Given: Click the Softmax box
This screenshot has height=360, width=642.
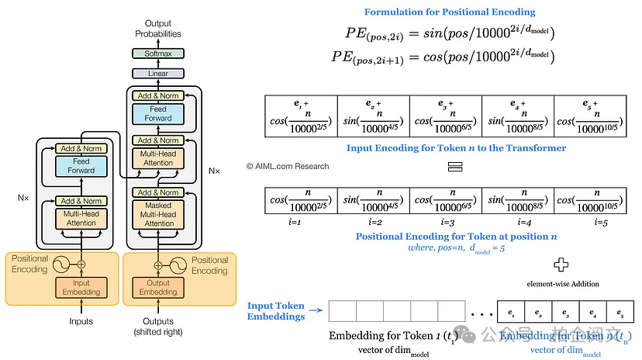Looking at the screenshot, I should [157, 54].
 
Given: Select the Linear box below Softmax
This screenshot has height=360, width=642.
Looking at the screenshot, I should [157, 74].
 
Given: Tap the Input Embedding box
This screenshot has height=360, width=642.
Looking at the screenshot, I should [81, 287].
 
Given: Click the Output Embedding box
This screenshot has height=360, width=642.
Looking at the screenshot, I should [157, 287].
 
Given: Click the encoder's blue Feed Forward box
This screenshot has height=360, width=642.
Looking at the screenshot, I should [81, 166].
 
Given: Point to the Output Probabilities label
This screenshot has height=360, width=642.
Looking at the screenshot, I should [158, 29].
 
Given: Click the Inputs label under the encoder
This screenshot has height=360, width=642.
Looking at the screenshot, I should [81, 321].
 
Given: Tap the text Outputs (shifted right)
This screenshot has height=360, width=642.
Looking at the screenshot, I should [158, 327].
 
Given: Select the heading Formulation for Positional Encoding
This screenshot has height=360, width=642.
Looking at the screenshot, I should [450, 12].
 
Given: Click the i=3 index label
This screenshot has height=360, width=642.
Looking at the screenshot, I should [446, 222].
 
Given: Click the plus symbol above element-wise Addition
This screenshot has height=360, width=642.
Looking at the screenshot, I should [562, 264].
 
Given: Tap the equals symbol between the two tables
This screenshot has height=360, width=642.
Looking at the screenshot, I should [454, 167].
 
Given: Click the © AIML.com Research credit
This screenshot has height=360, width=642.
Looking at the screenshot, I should [288, 166].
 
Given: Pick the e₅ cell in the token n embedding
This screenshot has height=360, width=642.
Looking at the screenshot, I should [620, 311].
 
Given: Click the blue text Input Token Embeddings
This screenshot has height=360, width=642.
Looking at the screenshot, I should [275, 311].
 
